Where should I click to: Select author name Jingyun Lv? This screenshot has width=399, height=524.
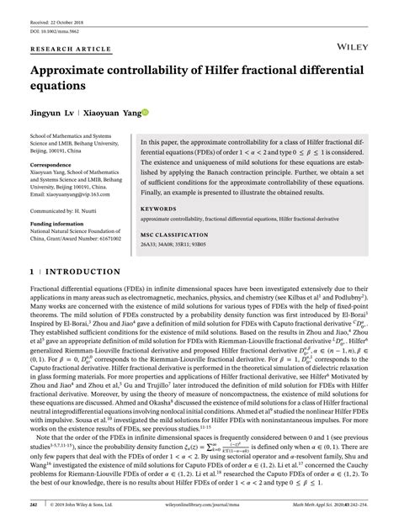click(58, 110)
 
